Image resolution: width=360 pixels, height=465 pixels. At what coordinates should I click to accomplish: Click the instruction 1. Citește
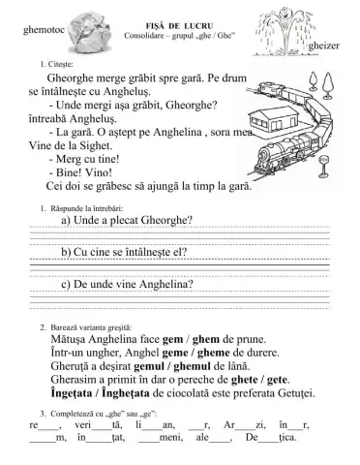[x=52, y=64]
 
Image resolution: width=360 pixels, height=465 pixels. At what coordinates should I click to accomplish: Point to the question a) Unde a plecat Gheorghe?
[x=127, y=220]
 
